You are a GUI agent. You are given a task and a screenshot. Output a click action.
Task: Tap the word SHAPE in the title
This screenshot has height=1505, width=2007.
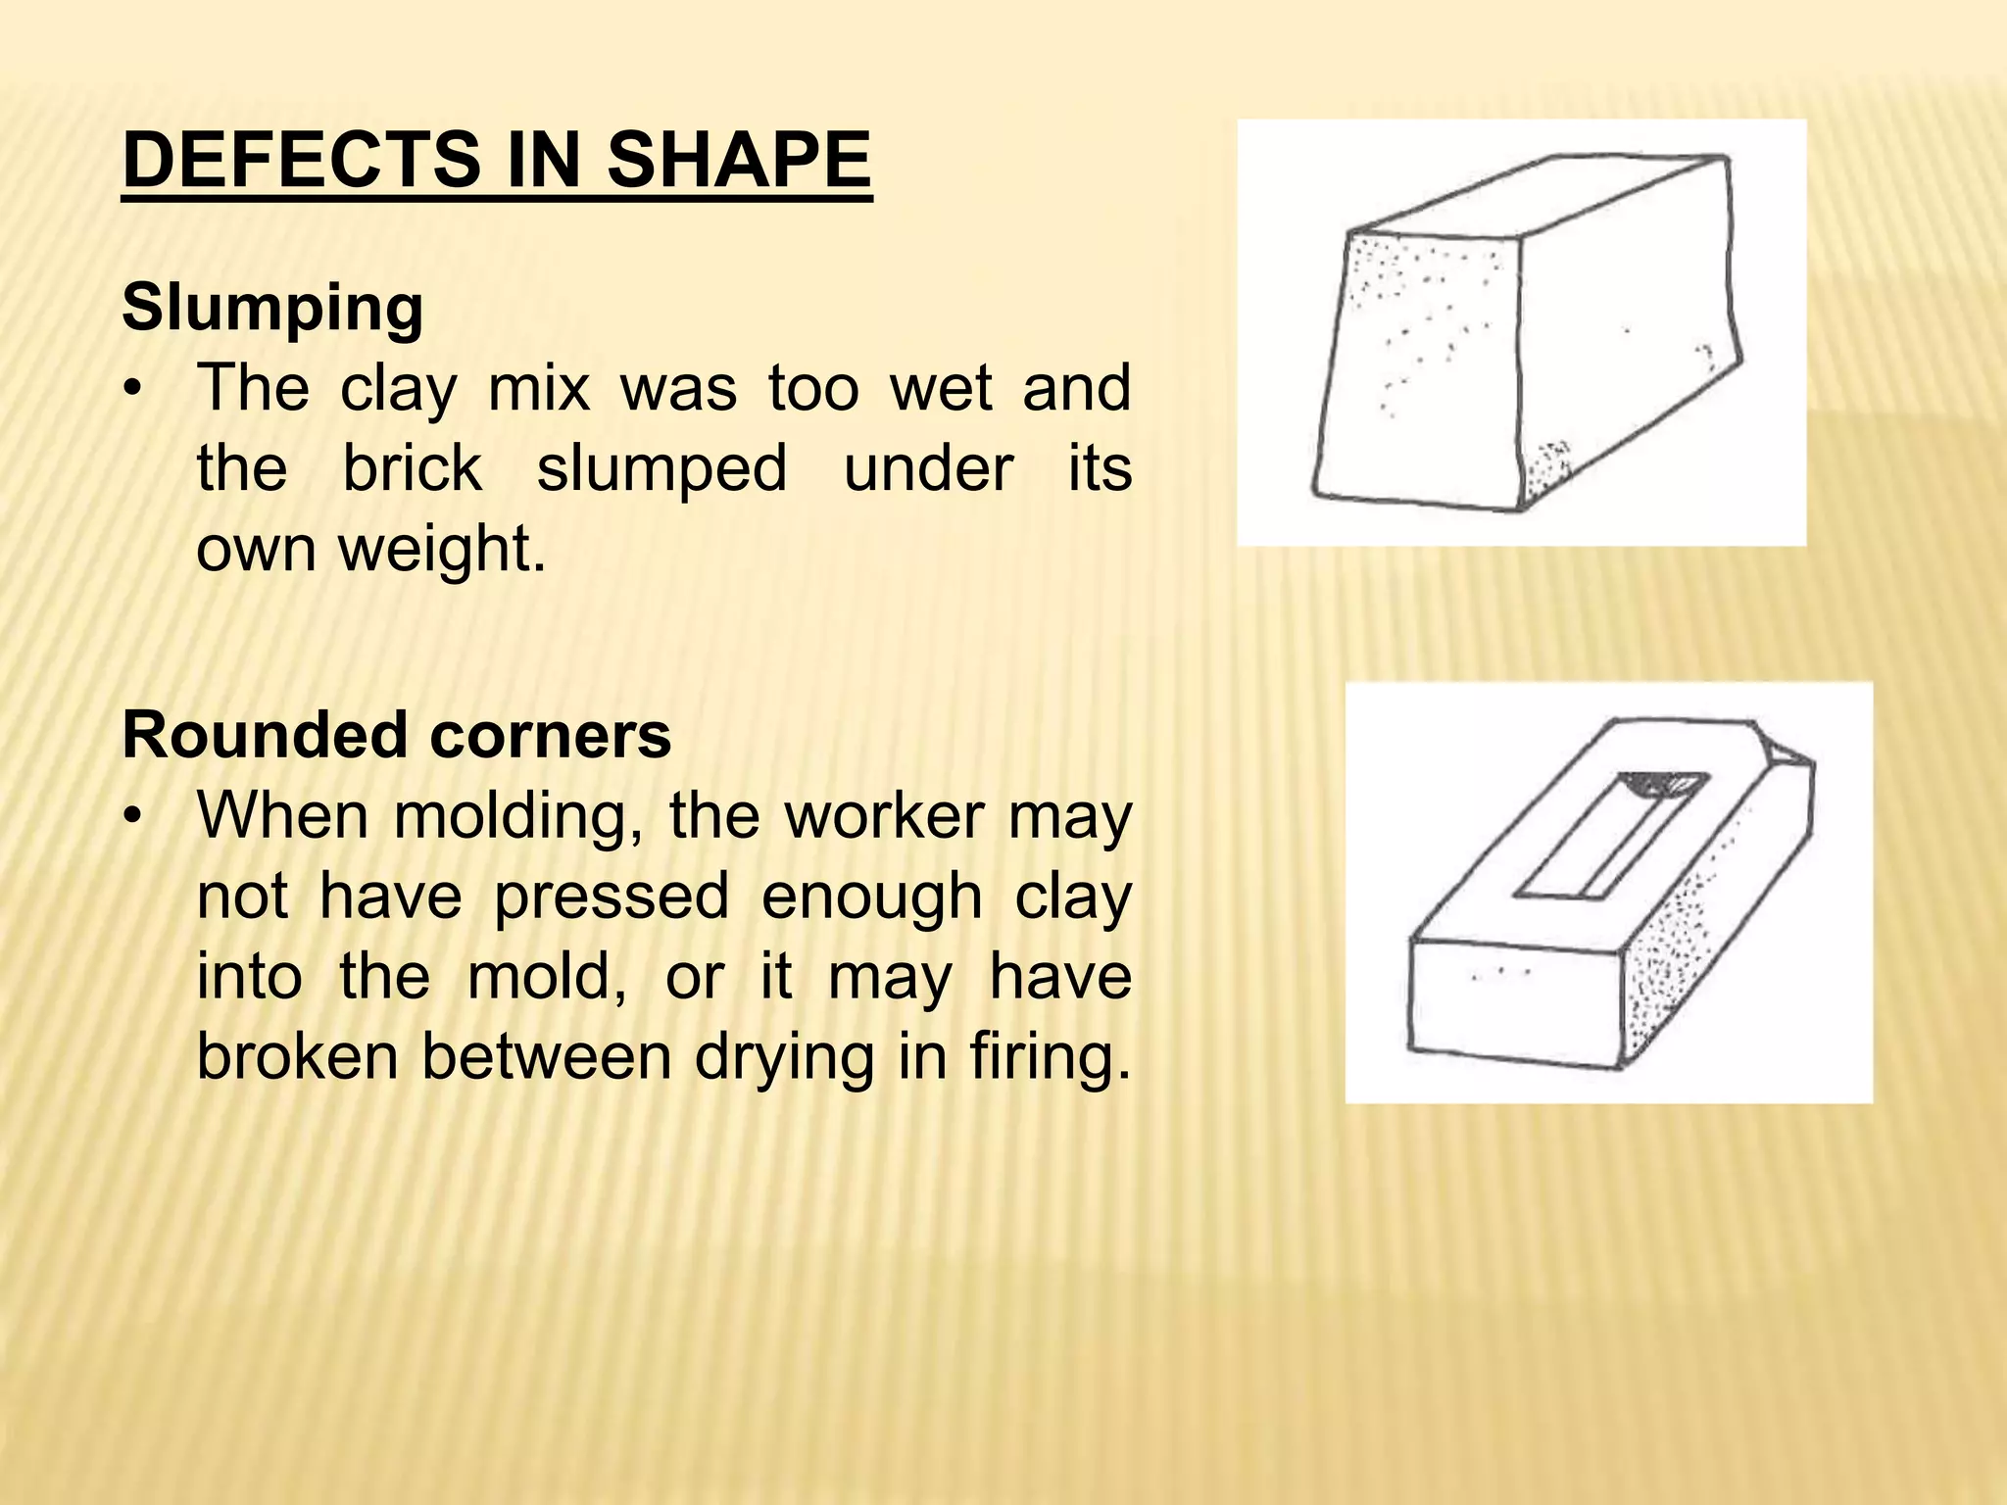tap(738, 161)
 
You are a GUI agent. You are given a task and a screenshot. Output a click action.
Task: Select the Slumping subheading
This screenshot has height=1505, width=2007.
tap(272, 308)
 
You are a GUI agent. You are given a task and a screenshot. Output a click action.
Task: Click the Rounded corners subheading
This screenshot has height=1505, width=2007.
tap(397, 735)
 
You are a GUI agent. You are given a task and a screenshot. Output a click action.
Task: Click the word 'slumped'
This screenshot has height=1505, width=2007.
tap(662, 467)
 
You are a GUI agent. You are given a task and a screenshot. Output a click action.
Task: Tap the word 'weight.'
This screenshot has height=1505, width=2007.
tap(442, 549)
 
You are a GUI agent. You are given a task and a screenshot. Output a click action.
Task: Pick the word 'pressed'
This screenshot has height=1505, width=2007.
tap(611, 897)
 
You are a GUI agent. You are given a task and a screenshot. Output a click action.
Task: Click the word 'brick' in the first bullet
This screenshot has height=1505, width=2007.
tap(412, 467)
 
